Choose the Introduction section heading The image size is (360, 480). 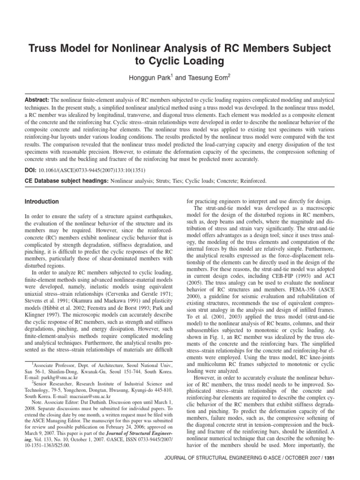point(41,202)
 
